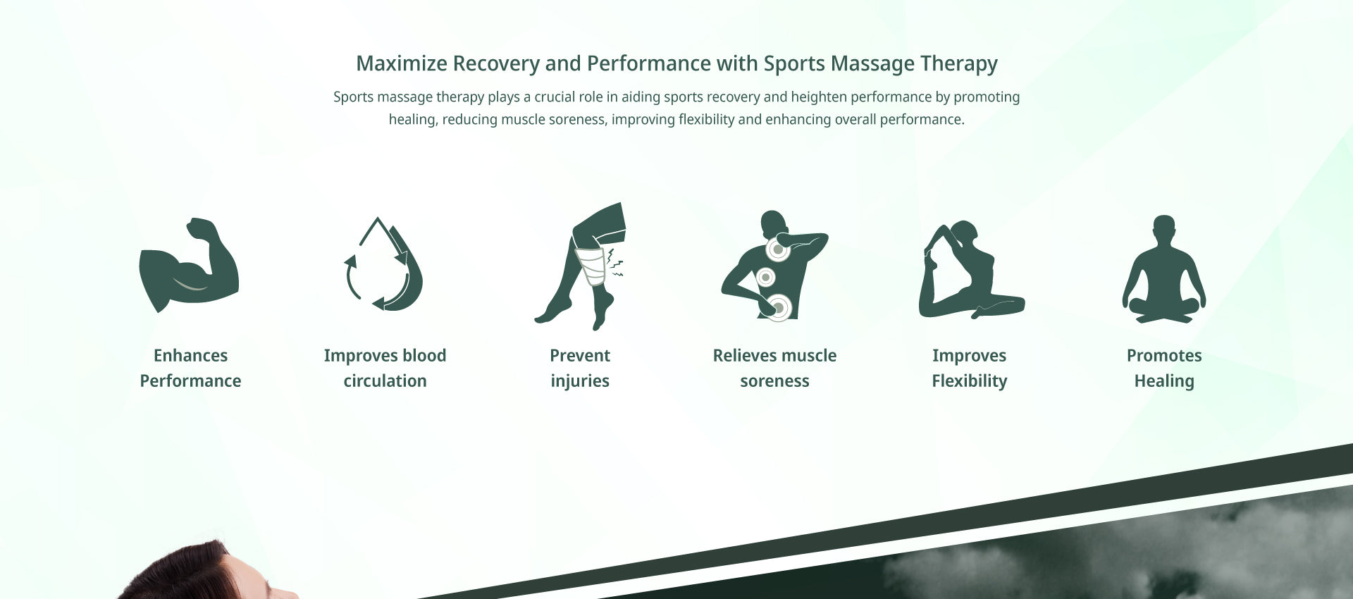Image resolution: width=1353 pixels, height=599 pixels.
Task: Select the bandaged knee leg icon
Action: point(580,266)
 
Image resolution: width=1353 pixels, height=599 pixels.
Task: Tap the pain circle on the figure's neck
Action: point(777,249)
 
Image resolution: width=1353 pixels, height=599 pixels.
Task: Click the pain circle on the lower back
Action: point(778,307)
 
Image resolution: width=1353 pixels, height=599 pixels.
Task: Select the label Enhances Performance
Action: point(190,368)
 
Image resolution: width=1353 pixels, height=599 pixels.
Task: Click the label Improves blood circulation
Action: point(385,368)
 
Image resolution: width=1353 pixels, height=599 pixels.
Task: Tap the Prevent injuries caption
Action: point(580,368)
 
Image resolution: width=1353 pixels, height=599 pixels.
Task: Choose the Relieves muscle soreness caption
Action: point(774,368)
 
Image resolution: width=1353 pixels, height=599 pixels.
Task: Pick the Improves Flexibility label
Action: point(970,368)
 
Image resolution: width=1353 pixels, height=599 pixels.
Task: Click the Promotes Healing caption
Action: point(1164,368)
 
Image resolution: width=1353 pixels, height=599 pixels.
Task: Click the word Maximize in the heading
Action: point(402,63)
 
